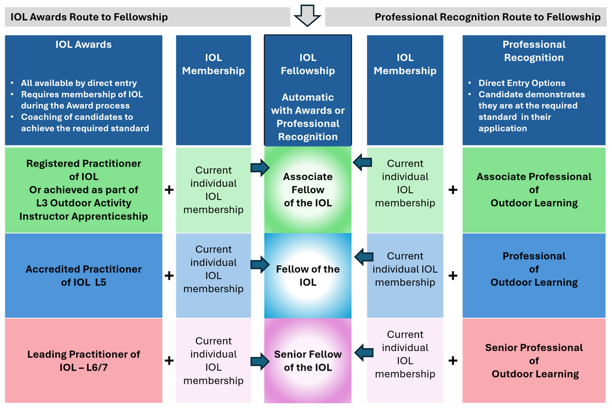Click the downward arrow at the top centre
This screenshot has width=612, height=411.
(x=308, y=15)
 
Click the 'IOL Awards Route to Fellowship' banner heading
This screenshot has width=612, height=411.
(x=89, y=17)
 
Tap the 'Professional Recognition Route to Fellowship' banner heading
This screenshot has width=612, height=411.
(x=488, y=17)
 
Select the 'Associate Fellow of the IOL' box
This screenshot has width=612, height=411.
(x=308, y=190)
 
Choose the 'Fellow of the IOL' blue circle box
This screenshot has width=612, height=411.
(x=308, y=276)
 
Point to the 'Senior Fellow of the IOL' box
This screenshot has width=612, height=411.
(x=308, y=360)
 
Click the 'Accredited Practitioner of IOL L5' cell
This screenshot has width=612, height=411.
(x=83, y=276)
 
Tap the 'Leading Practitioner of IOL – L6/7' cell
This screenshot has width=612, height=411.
(x=83, y=360)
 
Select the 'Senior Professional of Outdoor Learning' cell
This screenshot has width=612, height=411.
(x=534, y=360)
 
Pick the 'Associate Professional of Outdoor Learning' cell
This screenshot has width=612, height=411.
(x=534, y=190)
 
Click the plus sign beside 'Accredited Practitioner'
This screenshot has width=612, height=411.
(x=169, y=276)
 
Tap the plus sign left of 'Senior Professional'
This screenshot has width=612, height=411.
(x=453, y=360)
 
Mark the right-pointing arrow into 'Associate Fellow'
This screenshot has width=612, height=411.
(x=260, y=168)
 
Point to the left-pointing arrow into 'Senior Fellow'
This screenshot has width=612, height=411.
(x=364, y=353)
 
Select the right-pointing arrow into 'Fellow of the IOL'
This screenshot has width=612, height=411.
(x=260, y=265)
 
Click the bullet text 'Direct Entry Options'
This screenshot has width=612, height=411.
(x=522, y=83)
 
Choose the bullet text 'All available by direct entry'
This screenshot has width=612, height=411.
(x=79, y=83)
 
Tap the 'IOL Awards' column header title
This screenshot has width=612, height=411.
(x=83, y=45)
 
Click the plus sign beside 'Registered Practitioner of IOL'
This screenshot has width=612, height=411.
(x=169, y=190)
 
